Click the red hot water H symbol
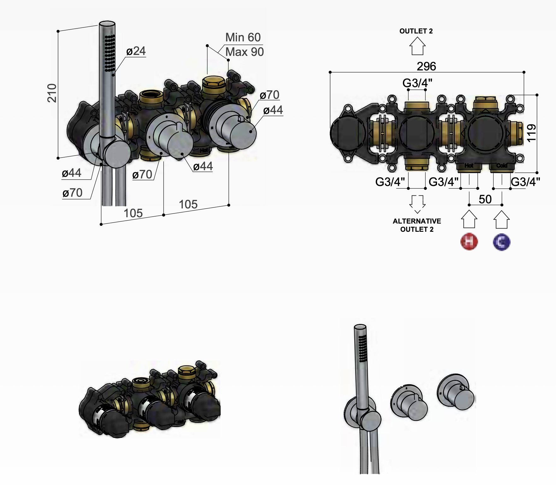pos(469,242)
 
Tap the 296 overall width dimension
pos(426,66)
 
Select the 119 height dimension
pos(531,133)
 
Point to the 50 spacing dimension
pos(485,199)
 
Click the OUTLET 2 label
pos(416,31)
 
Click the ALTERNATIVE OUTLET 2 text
pos(417,225)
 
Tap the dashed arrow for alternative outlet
pos(417,204)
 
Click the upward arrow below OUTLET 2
pos(417,46)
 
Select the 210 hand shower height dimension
pos(52,93)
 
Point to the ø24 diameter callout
pos(136,51)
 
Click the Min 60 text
pos(243,38)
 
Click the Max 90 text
pos(245,52)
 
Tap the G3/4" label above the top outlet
pos(417,83)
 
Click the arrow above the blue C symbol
pos(501,219)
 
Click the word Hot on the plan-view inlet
pos(469,166)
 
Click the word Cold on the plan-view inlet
pos(501,166)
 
